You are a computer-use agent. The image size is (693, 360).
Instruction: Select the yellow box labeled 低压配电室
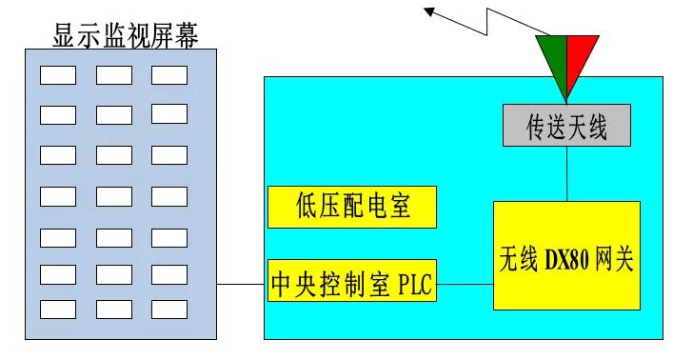(x=352, y=207)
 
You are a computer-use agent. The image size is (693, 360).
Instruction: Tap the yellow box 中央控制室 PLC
(x=352, y=284)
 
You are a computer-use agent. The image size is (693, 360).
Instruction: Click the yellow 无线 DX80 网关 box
(x=566, y=255)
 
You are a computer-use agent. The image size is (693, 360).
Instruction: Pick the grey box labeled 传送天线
(x=566, y=126)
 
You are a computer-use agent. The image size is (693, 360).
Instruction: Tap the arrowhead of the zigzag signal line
(x=430, y=10)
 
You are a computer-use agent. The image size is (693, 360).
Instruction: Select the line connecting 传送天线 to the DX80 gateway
(x=567, y=173)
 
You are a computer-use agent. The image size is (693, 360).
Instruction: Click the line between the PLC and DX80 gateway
(x=465, y=284)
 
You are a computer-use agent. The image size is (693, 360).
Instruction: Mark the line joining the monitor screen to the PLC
(x=240, y=284)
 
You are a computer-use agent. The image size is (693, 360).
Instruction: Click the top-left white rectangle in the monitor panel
(x=57, y=74)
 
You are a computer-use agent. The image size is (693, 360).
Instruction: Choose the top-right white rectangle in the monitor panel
(x=168, y=74)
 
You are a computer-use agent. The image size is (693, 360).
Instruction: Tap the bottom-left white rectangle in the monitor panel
(x=57, y=309)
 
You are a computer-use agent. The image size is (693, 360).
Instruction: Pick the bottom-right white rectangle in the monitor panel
(x=168, y=309)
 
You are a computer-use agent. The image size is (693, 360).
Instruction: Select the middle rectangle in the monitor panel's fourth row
(x=113, y=196)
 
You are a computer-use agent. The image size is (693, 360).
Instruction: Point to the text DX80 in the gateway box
(x=569, y=255)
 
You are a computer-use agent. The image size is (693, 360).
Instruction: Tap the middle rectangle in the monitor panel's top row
(x=113, y=74)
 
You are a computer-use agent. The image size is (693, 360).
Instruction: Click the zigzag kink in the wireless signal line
(x=493, y=18)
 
